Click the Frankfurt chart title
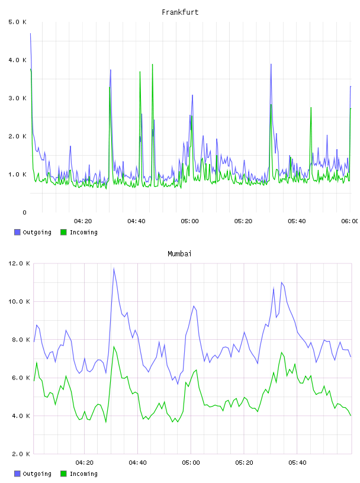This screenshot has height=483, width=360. [180, 12]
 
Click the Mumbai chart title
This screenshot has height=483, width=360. [179, 254]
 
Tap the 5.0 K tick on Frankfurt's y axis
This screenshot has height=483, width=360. [17, 22]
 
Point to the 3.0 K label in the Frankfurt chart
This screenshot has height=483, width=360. [17, 98]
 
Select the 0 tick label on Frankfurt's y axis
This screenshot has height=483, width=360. [24, 212]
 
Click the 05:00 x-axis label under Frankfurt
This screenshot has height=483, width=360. [189, 221]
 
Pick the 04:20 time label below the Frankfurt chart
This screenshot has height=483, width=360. [83, 221]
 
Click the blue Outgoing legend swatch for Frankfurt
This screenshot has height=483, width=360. [17, 232]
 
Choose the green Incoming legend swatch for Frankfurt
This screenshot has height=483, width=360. [63, 232]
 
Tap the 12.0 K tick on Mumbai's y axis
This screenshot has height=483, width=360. [19, 263]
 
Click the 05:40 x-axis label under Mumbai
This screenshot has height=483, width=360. [297, 463]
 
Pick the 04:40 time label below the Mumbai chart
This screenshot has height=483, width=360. [137, 463]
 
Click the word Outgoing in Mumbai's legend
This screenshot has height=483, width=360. [37, 474]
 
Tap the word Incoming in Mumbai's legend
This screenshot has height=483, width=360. [83, 474]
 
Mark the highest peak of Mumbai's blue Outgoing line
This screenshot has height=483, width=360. [114, 268]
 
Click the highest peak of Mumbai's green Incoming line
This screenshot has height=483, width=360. [114, 346]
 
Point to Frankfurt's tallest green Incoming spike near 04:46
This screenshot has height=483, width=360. [152, 65]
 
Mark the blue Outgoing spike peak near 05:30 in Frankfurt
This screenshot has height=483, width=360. [271, 64]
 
